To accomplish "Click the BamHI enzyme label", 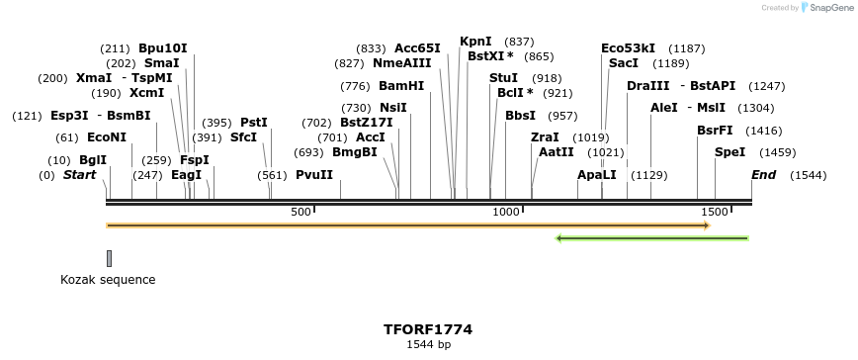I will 401,85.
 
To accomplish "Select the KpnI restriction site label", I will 475,42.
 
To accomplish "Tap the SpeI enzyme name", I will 729,152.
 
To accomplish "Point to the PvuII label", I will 314,175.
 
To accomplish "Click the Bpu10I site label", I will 162,47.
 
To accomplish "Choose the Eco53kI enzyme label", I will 628,47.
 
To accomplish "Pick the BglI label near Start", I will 93,160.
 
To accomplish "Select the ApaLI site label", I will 597,175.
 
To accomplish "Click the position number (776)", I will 355,85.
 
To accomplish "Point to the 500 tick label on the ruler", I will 300,212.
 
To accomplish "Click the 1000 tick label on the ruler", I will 506,212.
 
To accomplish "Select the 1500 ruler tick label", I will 714,212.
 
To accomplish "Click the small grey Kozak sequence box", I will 109,258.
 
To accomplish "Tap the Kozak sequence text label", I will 108,280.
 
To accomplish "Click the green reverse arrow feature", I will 652,237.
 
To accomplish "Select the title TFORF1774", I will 428,329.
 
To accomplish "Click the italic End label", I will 763,175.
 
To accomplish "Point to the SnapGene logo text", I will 826,7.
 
